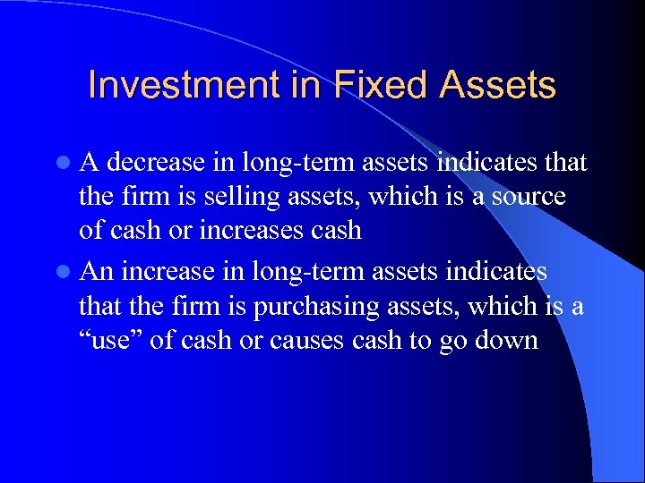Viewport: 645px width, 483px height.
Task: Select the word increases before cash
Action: [x=246, y=230]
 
